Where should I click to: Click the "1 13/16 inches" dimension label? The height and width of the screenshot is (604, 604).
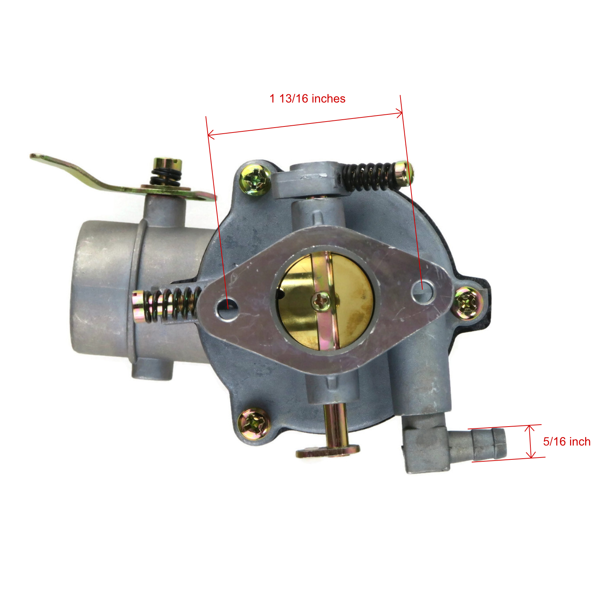[307, 99]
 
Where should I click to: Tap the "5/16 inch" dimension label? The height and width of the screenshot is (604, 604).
[567, 442]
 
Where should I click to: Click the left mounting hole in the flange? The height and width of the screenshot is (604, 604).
[227, 303]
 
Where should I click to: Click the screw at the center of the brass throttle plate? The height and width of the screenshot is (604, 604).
[320, 301]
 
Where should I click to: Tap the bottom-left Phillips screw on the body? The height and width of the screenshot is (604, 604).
[254, 424]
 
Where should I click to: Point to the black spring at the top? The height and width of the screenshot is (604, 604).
[368, 176]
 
